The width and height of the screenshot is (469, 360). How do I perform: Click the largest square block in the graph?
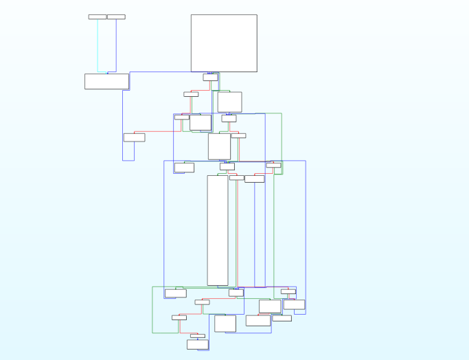(x=224, y=43)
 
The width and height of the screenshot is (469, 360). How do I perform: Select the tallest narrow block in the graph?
(x=218, y=230)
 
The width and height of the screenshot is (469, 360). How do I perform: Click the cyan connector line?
(x=98, y=45)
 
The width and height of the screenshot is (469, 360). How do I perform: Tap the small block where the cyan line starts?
(x=98, y=16)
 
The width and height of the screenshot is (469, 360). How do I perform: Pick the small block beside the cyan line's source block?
(x=116, y=16)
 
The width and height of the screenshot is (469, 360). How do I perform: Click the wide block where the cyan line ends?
(x=106, y=81)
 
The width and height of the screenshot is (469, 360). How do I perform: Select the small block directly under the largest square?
(x=210, y=78)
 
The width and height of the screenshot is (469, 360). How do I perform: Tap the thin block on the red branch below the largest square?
(x=191, y=94)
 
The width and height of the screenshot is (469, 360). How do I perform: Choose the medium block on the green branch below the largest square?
(x=229, y=102)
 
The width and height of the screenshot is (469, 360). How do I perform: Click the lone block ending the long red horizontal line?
(x=134, y=137)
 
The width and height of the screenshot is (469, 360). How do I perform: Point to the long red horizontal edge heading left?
(x=158, y=131)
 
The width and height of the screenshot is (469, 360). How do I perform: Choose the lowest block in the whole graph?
(x=198, y=344)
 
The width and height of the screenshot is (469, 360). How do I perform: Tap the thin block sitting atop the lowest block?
(x=198, y=336)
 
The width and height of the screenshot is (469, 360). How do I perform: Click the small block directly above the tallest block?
(x=227, y=166)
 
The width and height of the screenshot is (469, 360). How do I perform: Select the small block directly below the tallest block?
(x=236, y=293)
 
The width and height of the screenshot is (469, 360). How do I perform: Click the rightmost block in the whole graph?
(x=294, y=304)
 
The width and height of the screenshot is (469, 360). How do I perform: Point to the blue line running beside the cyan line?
(x=116, y=45)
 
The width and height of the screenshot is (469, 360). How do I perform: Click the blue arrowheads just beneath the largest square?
(x=210, y=73)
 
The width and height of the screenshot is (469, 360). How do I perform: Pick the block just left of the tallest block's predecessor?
(x=184, y=167)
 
